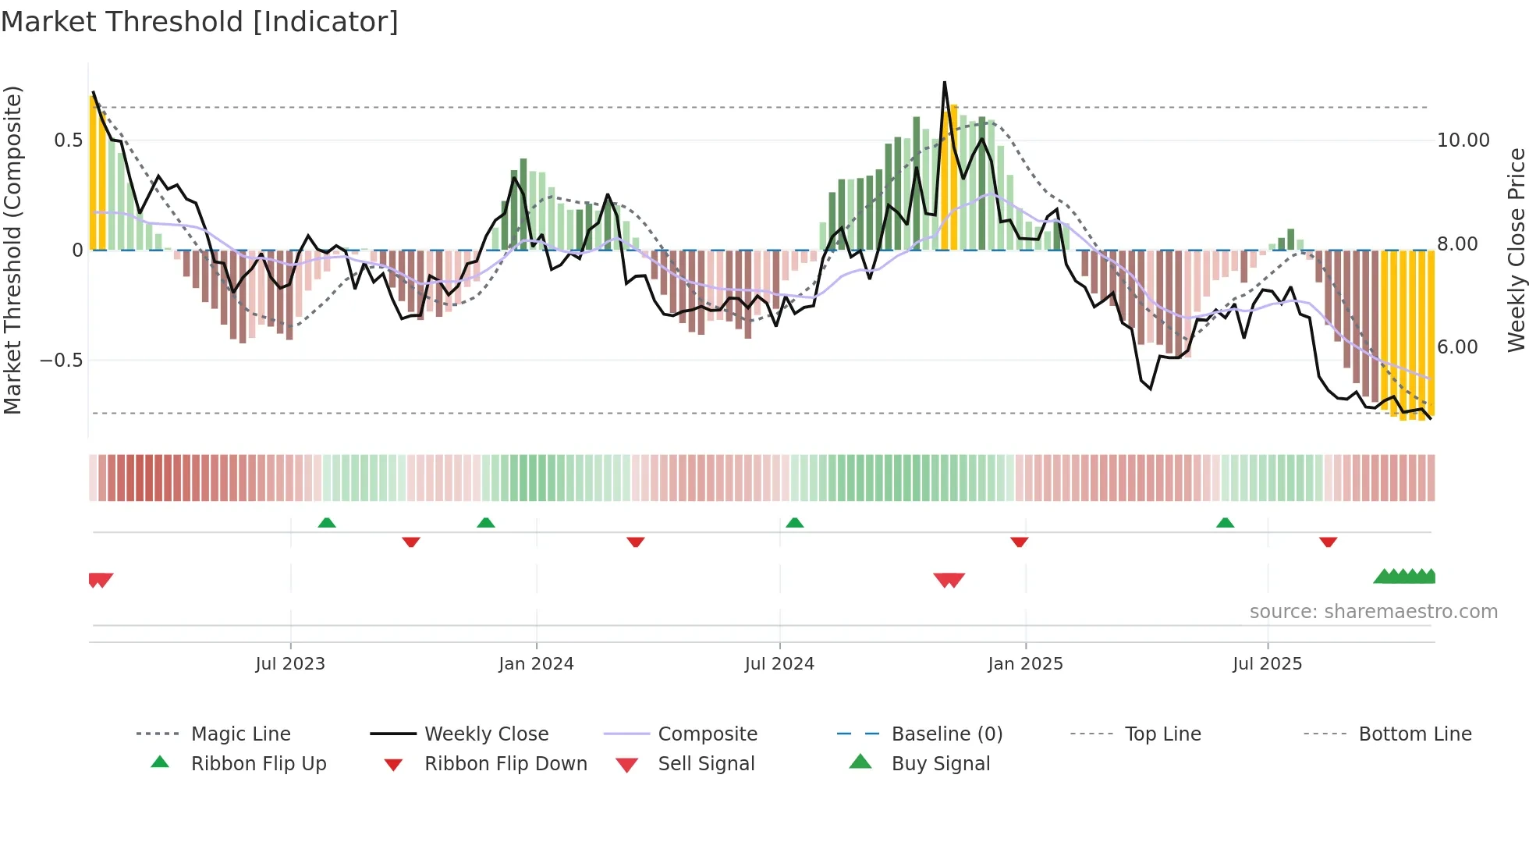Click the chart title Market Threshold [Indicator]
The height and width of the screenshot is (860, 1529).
pyautogui.click(x=200, y=22)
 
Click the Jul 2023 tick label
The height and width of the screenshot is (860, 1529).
pyautogui.click(x=290, y=664)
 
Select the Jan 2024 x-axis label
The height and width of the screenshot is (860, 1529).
pyautogui.click(x=536, y=664)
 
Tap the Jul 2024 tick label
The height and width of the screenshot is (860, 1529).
pyautogui.click(x=779, y=664)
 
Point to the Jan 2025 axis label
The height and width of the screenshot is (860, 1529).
pyautogui.click(x=1025, y=664)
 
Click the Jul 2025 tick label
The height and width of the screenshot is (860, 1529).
pyautogui.click(x=1267, y=664)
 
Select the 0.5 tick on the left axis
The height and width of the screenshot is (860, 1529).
pyautogui.click(x=68, y=140)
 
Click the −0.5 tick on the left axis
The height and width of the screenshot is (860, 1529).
pyautogui.click(x=62, y=361)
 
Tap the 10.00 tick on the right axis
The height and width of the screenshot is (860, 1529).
pyautogui.click(x=1463, y=140)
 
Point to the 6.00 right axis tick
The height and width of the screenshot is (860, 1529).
pyautogui.click(x=1457, y=347)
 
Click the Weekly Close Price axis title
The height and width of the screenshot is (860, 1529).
pyautogui.click(x=1516, y=250)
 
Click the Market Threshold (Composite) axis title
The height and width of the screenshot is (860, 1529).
pyautogui.click(x=12, y=250)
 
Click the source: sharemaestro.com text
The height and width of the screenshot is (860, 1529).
pyautogui.click(x=1373, y=612)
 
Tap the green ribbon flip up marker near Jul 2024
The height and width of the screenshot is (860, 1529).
pyautogui.click(x=794, y=523)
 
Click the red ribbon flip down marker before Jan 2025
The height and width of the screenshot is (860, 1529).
pyautogui.click(x=1019, y=542)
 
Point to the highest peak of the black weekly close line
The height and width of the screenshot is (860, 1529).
pyautogui.click(x=945, y=82)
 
